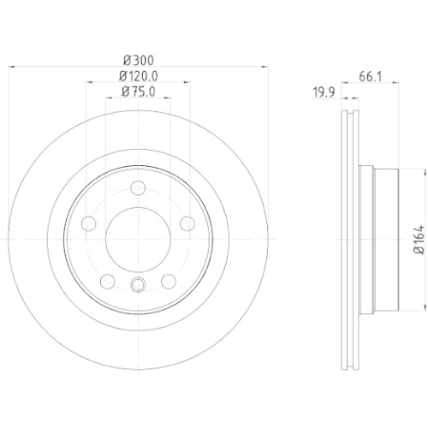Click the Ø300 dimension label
[139, 60]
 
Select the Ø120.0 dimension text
[139, 76]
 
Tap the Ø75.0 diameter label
[139, 92]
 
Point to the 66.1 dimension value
[370, 77]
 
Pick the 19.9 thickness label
[324, 92]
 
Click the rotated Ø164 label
[419, 240]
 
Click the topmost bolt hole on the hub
[138, 188]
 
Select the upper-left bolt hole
[89, 223]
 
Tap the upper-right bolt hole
[187, 223]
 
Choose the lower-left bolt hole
[108, 282]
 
